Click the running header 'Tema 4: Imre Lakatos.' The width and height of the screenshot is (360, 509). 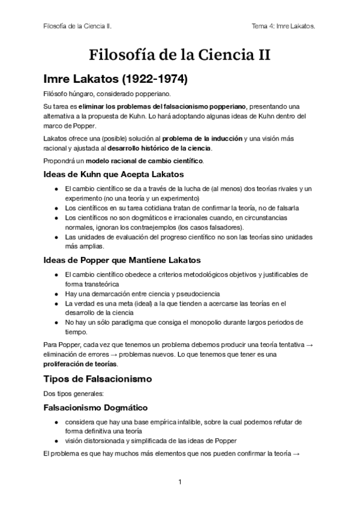tap(284, 26)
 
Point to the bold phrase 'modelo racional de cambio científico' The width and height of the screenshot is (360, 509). tap(144, 161)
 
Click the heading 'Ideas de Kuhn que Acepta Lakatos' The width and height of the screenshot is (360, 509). tap(113, 175)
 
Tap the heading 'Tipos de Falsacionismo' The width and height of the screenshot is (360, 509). tap(98, 379)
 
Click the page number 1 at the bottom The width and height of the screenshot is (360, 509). tap(179, 482)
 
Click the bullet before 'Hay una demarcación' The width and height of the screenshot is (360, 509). tap(56, 294)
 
